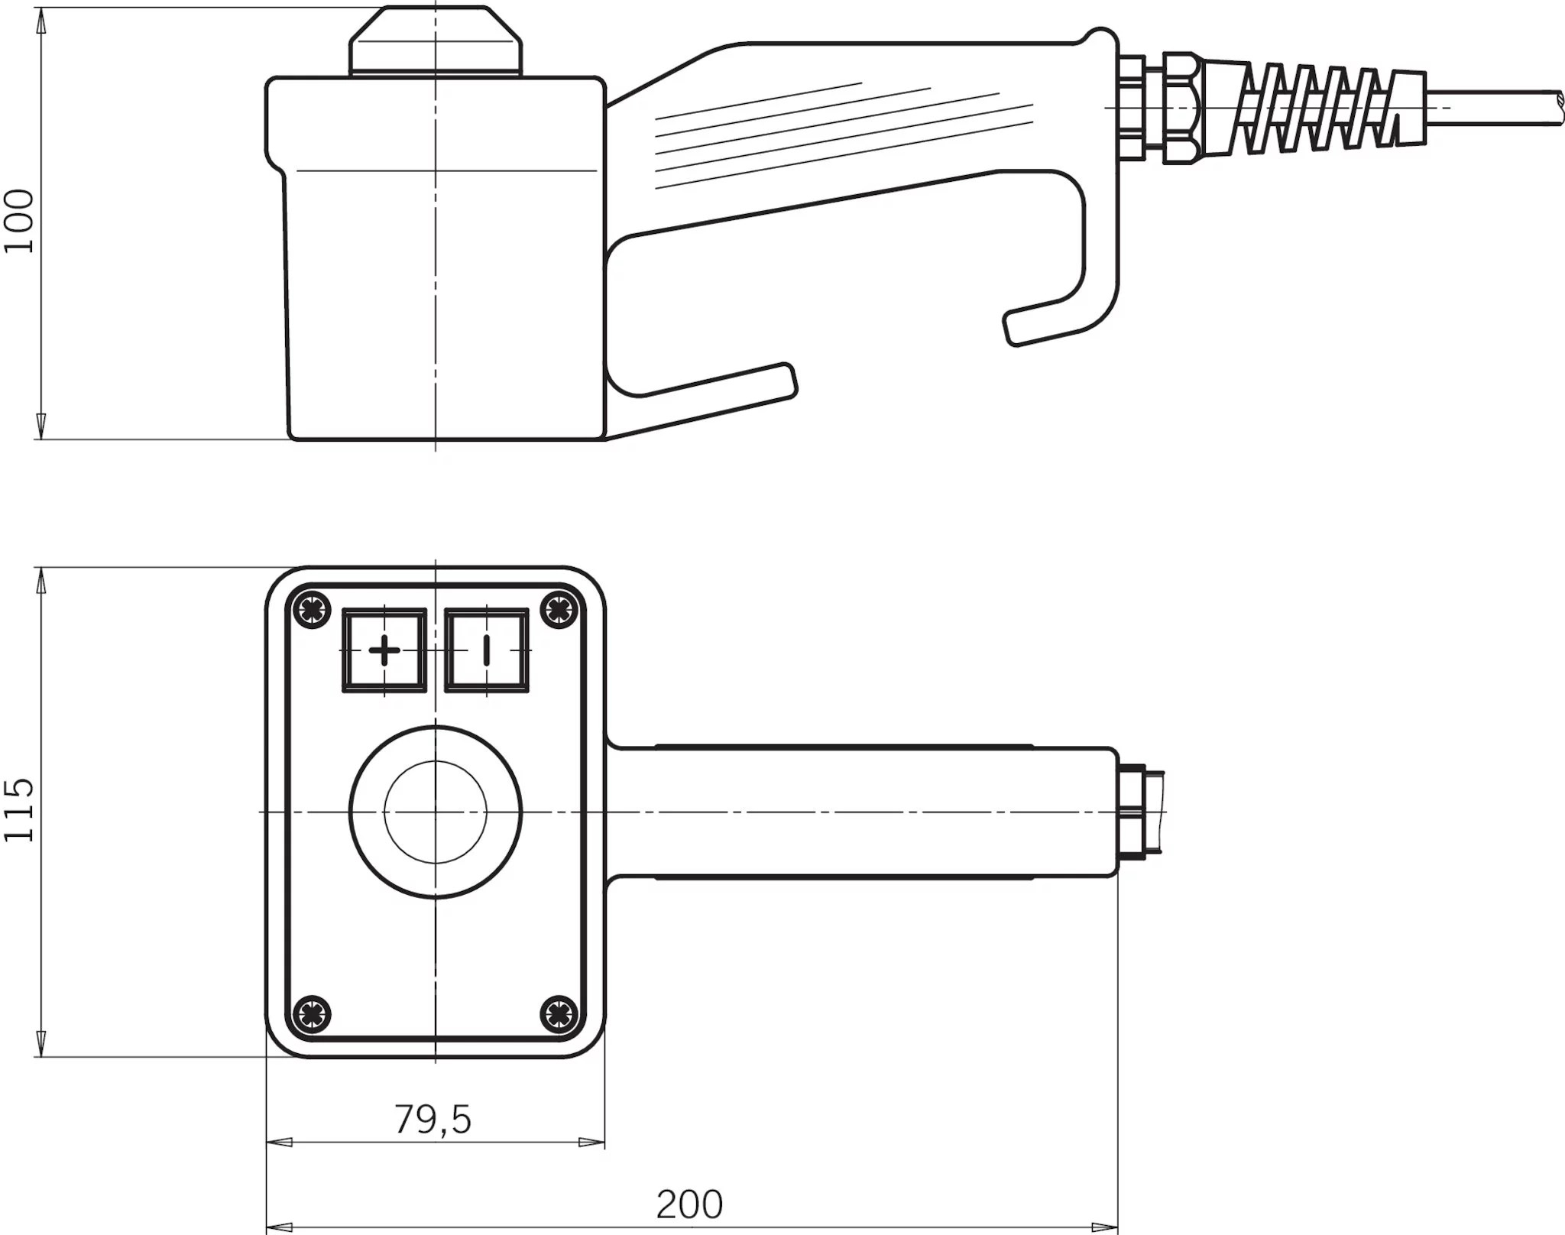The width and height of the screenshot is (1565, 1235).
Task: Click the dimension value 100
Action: pos(20,221)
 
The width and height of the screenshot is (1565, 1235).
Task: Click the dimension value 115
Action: pos(20,811)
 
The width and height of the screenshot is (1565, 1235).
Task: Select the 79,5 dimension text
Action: pos(433,1119)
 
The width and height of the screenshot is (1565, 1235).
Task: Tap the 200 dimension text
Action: pos(689,1205)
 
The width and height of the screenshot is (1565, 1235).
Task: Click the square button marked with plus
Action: pos(384,650)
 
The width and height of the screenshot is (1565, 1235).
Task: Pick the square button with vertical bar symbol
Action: pos(487,650)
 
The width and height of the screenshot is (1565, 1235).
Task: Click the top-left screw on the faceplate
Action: pos(312,609)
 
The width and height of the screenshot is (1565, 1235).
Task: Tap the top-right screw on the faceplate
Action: pos(559,609)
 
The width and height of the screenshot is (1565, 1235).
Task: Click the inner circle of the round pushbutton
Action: pos(436,812)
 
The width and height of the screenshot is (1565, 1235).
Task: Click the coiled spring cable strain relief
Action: pos(1330,107)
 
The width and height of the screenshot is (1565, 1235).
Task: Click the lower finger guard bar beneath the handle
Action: pos(711,382)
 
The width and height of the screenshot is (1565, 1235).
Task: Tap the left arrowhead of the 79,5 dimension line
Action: pos(278,1143)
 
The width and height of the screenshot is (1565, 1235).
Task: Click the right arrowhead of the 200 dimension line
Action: pos(1106,1227)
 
